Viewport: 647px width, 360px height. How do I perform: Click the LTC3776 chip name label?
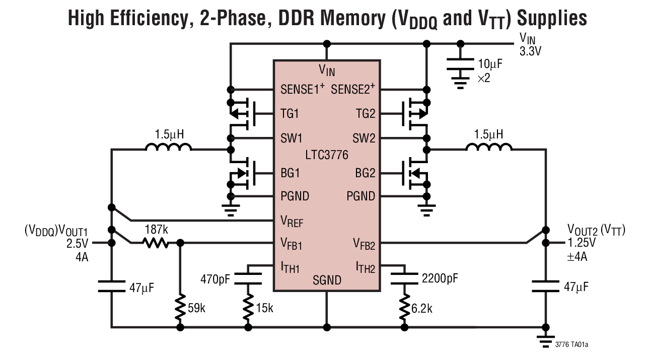pos(326,155)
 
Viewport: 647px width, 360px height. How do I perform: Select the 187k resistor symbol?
pos(155,243)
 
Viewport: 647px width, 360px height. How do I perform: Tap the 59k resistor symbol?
pos(180,306)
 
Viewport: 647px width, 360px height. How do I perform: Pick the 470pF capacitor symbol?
pos(248,278)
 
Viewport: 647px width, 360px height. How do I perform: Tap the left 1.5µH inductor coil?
pos(168,148)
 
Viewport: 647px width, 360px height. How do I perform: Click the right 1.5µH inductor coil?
pos(489,148)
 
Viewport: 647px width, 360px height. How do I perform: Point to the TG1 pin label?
pos(290,114)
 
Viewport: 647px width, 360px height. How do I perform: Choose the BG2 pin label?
pos(365,174)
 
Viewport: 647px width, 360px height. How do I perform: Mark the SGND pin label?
pos(327,280)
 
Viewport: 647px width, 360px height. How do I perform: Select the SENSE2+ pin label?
pos(353,90)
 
